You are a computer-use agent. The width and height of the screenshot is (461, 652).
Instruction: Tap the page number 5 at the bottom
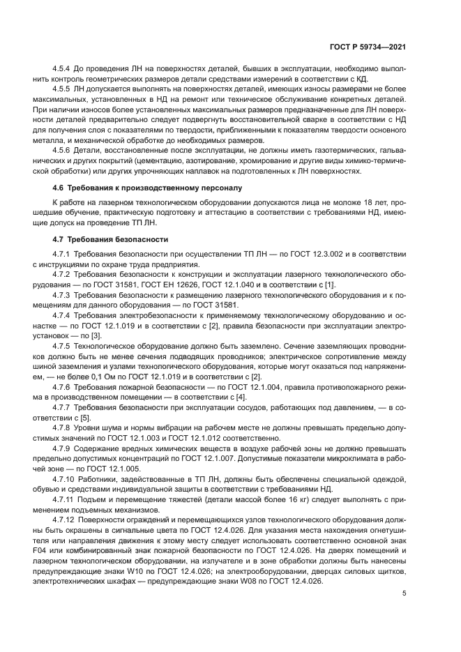click(x=404, y=593)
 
